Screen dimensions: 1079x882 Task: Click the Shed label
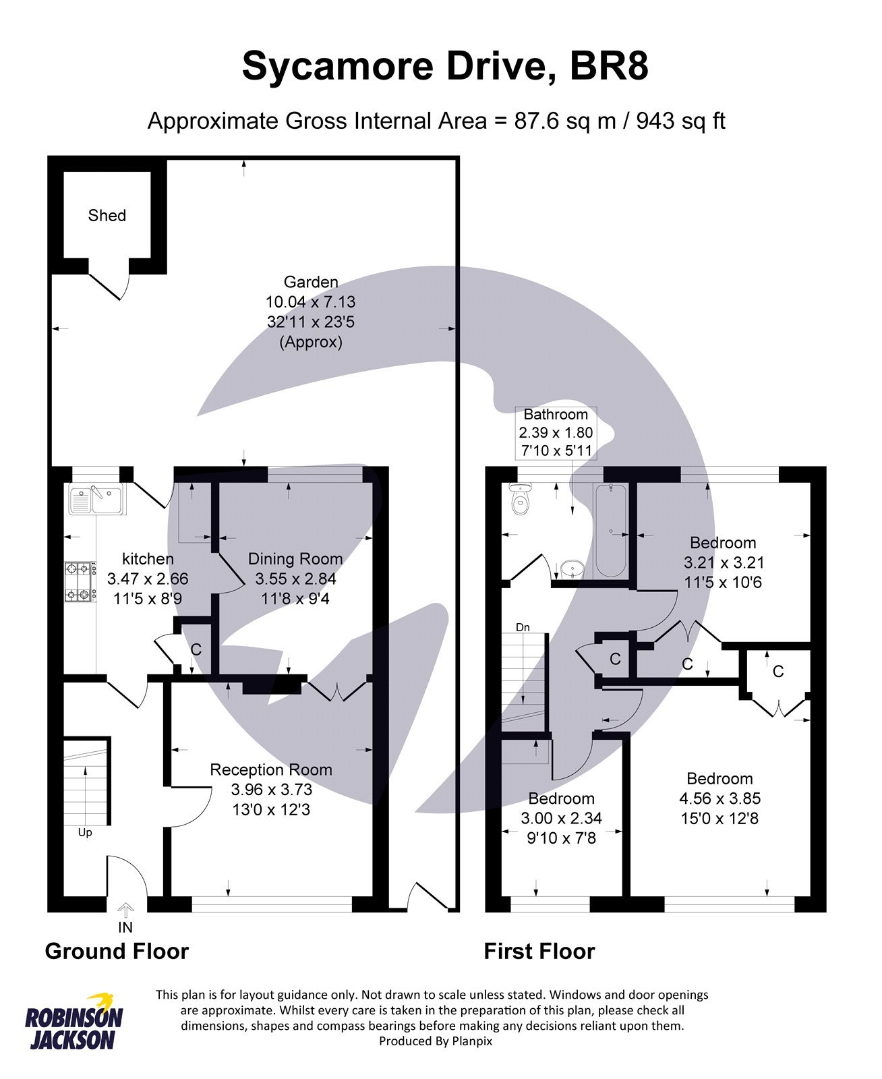click(107, 215)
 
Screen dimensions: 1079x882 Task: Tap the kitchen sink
click(95, 500)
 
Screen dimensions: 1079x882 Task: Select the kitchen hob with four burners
click(78, 582)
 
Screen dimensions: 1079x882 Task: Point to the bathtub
click(611, 531)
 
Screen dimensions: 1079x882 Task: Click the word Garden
click(311, 282)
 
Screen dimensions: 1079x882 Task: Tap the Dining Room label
click(295, 558)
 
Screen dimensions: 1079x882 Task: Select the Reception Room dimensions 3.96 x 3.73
click(271, 789)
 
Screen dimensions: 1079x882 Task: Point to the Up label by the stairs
click(85, 832)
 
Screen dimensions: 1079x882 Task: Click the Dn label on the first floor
click(523, 627)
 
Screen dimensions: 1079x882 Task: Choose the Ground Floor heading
click(117, 951)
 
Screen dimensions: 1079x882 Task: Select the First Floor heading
click(539, 951)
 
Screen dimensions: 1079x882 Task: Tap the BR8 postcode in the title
click(609, 66)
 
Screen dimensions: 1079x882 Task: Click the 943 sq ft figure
click(680, 121)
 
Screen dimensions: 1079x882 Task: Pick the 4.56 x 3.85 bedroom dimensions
click(719, 798)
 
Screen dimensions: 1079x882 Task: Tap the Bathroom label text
click(556, 414)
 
